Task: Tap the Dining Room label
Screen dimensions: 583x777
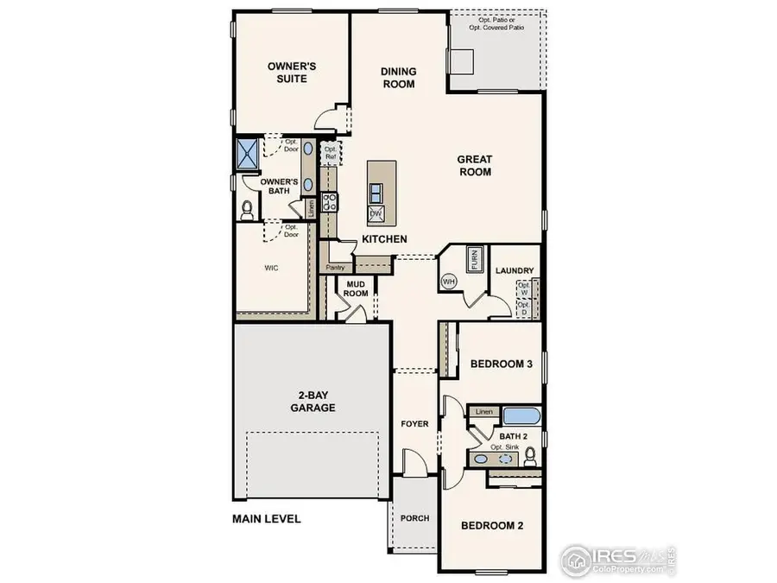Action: coord(399,78)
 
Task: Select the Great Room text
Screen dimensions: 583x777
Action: coord(474,165)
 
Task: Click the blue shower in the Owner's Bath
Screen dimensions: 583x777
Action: coord(248,153)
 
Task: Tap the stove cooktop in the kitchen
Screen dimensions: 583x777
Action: coord(328,202)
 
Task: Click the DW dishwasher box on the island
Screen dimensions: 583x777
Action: coord(376,213)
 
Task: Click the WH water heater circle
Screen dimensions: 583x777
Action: coord(450,281)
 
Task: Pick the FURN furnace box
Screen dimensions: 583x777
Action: coord(473,260)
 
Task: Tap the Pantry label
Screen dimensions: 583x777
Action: coord(336,269)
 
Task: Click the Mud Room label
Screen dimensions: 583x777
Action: coord(357,288)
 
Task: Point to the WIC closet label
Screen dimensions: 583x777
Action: coord(272,269)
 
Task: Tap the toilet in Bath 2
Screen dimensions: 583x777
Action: coord(530,457)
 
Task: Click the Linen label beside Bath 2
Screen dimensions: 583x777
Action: coord(483,413)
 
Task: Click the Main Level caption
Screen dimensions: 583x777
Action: coord(266,519)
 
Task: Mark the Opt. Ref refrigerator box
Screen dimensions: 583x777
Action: coord(330,153)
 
